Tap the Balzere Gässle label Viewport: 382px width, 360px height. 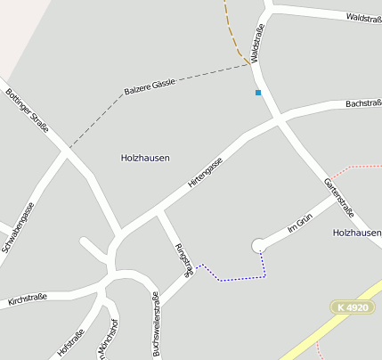[x=150, y=87]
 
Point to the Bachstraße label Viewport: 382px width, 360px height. [x=362, y=104]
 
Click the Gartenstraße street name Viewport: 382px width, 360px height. [x=339, y=197]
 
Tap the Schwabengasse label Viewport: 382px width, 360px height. [x=18, y=226]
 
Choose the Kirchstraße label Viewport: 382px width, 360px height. [x=26, y=299]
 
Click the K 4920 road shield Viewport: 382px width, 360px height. [x=353, y=307]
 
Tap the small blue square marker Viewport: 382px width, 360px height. [x=258, y=93]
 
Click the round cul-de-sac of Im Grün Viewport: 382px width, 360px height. [x=258, y=244]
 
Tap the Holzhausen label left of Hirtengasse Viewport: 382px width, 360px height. [x=145, y=158]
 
